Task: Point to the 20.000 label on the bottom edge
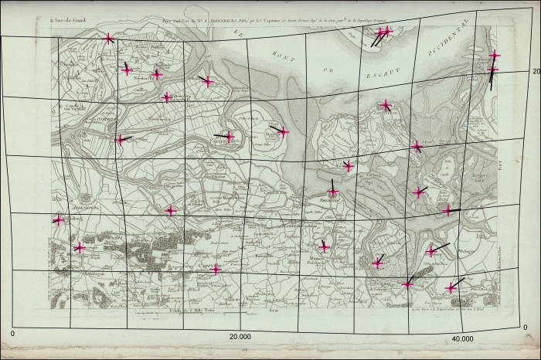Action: [240, 338]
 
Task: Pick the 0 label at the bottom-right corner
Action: [526, 328]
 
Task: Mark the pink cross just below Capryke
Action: [216, 270]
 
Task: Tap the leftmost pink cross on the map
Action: [58, 220]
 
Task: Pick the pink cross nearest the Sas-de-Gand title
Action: [108, 39]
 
